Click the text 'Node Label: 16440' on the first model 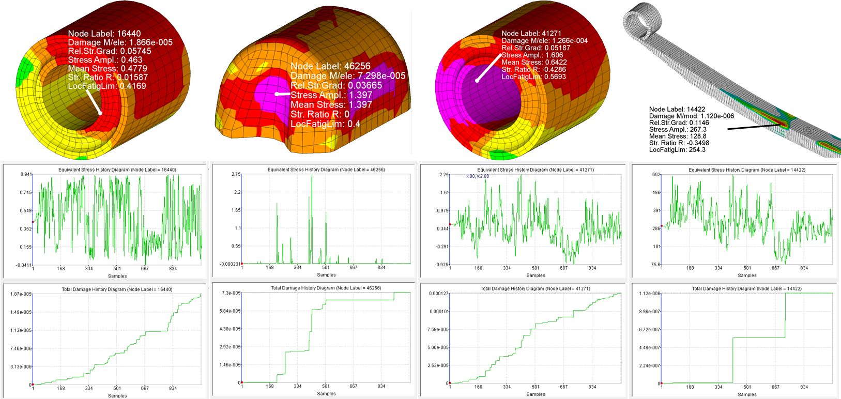click(104, 34)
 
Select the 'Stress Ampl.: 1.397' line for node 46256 click(331, 95)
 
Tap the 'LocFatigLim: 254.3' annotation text click(677, 150)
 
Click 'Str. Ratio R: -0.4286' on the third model click(533, 69)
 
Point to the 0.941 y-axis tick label click(26, 174)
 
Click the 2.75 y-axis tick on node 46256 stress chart click(236, 174)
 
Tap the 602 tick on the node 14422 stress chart click(656, 174)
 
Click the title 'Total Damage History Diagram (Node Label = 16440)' click(117, 289)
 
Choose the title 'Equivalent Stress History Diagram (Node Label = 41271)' click(536, 170)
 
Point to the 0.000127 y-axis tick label click(438, 294)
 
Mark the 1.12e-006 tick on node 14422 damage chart click(650, 294)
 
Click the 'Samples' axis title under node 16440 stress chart click(117, 276)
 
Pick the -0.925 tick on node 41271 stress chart click(441, 265)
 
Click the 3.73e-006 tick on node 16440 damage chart click(21, 366)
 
